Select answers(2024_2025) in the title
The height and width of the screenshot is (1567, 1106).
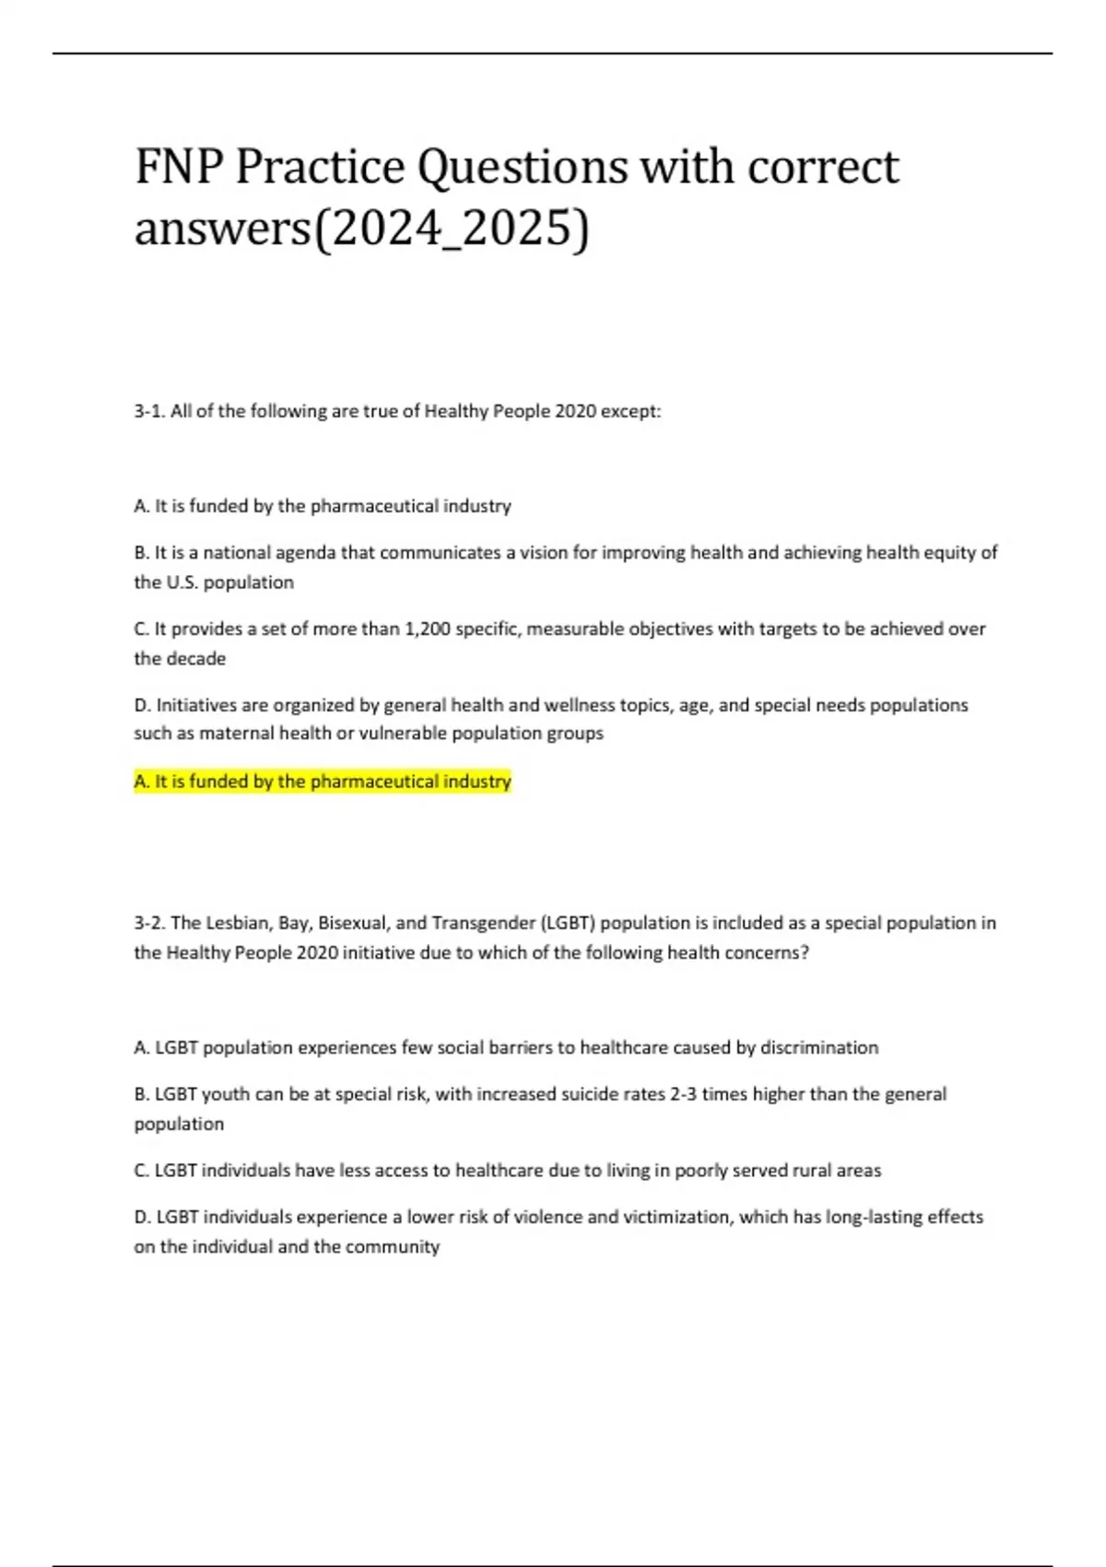(361, 229)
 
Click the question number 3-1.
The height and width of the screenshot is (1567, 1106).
(149, 411)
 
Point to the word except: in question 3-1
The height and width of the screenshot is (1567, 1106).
(631, 411)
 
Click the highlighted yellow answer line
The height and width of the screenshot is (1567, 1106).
(323, 782)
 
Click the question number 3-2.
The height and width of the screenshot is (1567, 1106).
(149, 923)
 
